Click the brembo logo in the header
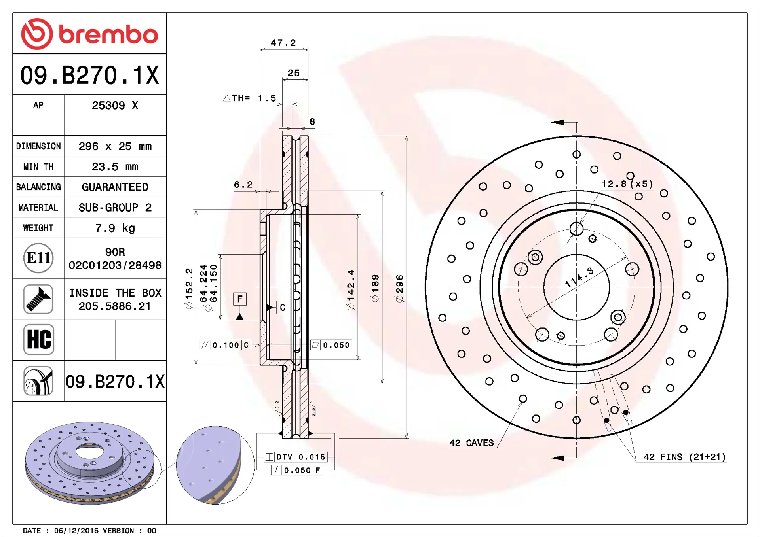coord(89,34)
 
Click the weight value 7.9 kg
coord(115,228)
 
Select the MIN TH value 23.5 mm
coord(115,167)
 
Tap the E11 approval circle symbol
coord(38,258)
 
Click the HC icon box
coord(38,340)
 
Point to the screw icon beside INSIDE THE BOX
coord(38,299)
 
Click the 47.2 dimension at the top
coord(283,43)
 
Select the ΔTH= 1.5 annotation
coord(250,98)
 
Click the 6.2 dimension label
coord(243,185)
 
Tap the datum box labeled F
coord(240,299)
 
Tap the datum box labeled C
coord(283,308)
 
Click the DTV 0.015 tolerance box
coord(296,457)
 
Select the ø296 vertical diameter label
coord(400,289)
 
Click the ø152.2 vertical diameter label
coord(189,289)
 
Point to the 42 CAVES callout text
coord(471,443)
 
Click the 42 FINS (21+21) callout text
coord(684,457)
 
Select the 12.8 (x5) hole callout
coord(627,184)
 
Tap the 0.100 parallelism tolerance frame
coord(225,345)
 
